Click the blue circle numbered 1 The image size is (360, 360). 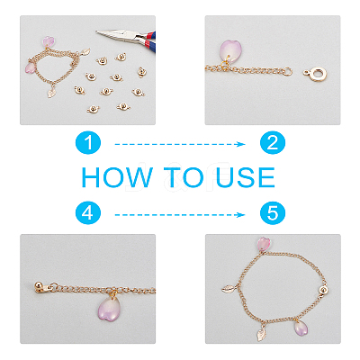tap(88, 142)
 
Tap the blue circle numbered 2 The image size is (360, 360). tap(273, 142)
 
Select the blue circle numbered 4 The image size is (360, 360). tap(88, 213)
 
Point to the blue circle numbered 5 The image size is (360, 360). tap(273, 213)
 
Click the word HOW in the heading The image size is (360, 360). tap(117, 177)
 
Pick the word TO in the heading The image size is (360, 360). tap(184, 177)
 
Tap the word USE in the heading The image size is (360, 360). tap(245, 177)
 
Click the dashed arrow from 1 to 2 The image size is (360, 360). tap(180, 144)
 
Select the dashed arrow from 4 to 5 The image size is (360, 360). tap(180, 215)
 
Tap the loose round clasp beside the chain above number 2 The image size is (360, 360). tap(315, 74)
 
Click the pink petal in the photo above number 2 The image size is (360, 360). tap(230, 51)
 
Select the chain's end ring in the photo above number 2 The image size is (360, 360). tap(288, 71)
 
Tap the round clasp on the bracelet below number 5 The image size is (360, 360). tap(323, 290)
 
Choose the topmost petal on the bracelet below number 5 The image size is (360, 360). tap(264, 244)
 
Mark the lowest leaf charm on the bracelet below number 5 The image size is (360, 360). tap(261, 334)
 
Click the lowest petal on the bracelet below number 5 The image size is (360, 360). tap(301, 328)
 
